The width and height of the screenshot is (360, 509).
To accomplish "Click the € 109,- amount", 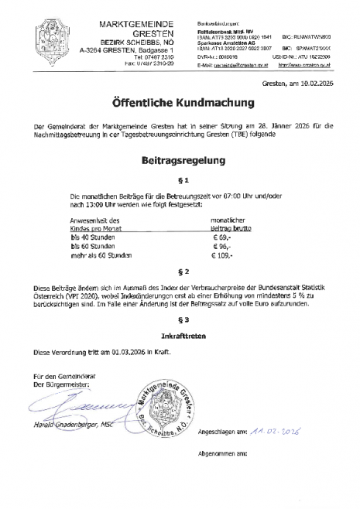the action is (x=224, y=255).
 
